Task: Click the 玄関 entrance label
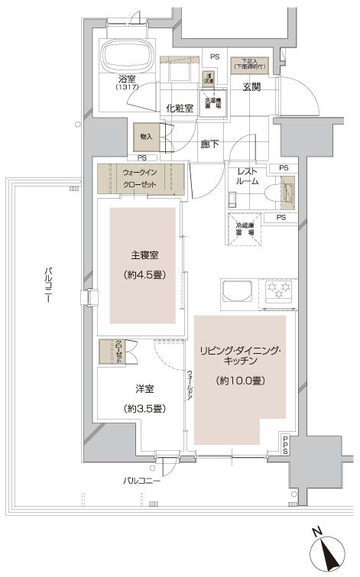(x=252, y=87)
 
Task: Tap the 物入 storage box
(x=145, y=137)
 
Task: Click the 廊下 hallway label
(x=209, y=142)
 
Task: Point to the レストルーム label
(x=251, y=178)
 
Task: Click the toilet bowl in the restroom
(x=288, y=192)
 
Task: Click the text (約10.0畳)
(x=240, y=380)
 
